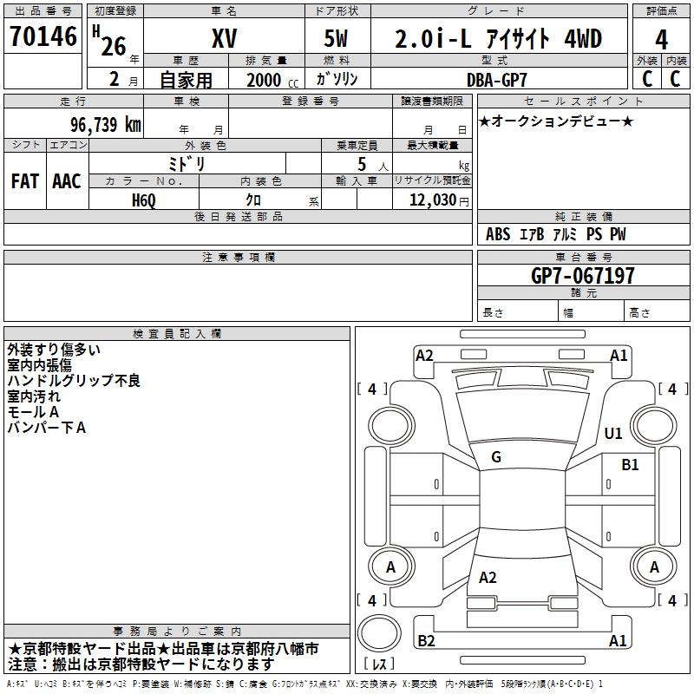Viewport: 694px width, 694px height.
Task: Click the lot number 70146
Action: coord(42,37)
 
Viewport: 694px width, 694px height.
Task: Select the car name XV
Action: coord(225,38)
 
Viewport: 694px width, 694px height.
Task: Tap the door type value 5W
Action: coord(338,38)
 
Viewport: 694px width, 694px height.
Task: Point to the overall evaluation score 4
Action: coord(662,39)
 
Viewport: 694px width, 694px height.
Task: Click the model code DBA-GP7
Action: coord(496,79)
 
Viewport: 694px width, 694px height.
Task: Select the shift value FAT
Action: coord(25,181)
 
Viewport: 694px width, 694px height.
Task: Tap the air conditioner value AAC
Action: coord(67,181)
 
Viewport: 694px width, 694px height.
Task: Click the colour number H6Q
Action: coord(143,200)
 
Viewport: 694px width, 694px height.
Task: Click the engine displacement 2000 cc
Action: coord(270,80)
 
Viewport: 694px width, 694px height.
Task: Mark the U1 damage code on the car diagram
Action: coord(613,433)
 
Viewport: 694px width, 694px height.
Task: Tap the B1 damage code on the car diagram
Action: coord(630,465)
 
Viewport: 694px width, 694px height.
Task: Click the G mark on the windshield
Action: coord(496,457)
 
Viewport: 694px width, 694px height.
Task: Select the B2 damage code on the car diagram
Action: coord(426,640)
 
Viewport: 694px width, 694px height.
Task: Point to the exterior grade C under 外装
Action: coord(647,78)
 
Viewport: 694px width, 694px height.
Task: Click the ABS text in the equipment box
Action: coord(498,234)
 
